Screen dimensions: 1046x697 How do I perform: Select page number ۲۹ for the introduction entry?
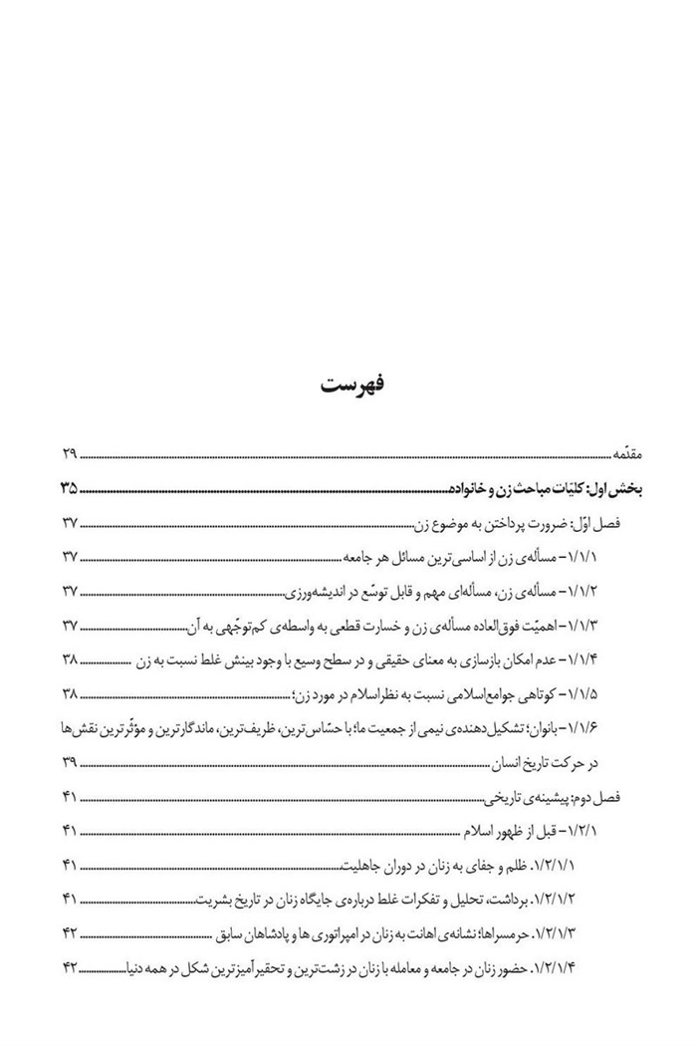point(69,456)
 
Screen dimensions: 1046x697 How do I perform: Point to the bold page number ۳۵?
point(69,489)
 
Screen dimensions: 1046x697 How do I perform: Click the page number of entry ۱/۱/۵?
point(69,692)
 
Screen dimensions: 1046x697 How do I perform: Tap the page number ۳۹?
point(69,762)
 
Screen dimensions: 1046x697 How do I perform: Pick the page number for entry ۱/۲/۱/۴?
point(69,966)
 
